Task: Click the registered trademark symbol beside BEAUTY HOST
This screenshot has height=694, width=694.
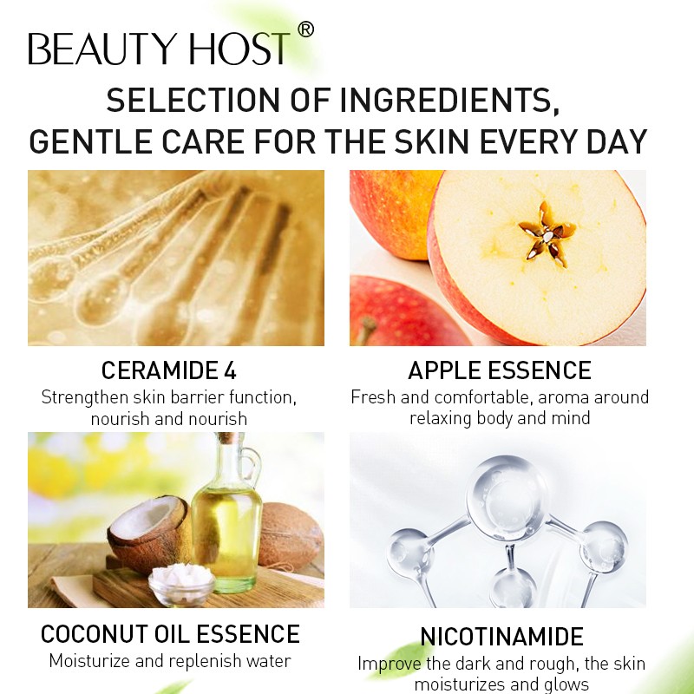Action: pos(304,30)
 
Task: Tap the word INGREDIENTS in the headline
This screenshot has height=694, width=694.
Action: pos(453,101)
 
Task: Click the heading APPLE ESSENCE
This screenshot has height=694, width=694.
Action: pos(500,371)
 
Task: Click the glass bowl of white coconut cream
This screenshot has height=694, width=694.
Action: pos(181,584)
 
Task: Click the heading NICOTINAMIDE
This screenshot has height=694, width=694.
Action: pos(501,637)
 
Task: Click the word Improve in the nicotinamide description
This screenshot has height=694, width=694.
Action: pos(389,665)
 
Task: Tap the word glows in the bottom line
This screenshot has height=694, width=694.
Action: pos(564,684)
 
